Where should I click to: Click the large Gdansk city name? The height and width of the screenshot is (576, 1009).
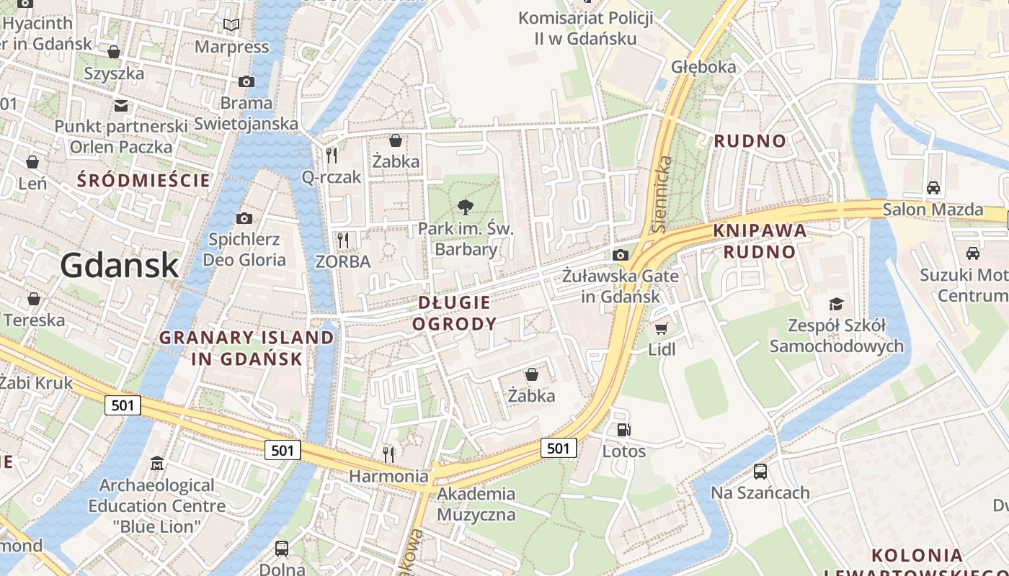coord(119,265)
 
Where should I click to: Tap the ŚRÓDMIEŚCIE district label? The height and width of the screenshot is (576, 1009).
coord(144,180)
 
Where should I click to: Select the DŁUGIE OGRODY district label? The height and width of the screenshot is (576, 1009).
coord(454,313)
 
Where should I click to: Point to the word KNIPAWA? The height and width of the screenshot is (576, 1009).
coord(760,231)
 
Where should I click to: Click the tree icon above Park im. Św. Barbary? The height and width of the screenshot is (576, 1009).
coord(466,207)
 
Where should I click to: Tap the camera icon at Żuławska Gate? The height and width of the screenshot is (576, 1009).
coord(620,255)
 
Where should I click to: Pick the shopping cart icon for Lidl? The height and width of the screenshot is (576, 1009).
coord(661,328)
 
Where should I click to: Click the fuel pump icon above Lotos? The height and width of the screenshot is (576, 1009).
coord(623,430)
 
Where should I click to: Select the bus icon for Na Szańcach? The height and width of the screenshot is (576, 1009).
coord(760,472)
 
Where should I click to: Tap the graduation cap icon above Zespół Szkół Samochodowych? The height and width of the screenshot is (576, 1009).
coord(836,304)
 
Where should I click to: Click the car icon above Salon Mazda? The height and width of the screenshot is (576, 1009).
coord(933,187)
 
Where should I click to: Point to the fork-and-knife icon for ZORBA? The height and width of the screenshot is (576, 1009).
coord(343,240)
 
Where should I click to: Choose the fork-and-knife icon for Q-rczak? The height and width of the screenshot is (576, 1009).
coord(332,154)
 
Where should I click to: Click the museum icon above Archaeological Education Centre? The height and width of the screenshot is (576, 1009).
coord(156,463)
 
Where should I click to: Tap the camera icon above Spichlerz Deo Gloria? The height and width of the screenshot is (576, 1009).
coord(244,218)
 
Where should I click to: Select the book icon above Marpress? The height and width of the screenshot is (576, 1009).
coord(231,25)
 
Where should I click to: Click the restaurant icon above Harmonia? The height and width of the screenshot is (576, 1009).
coord(388,454)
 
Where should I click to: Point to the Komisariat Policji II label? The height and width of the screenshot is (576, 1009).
coord(585,27)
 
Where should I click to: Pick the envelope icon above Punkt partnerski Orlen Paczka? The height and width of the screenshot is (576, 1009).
coord(120,106)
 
